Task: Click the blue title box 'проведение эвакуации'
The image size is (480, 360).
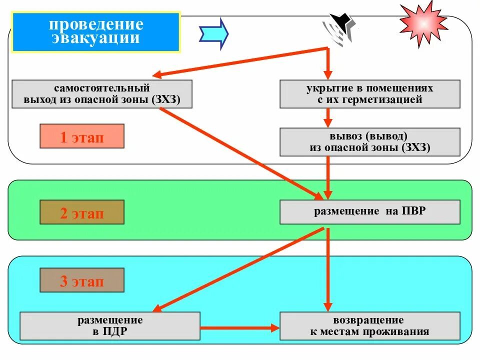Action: point(95,32)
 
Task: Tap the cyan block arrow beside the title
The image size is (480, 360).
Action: point(213,33)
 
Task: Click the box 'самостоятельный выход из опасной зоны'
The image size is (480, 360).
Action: point(101,94)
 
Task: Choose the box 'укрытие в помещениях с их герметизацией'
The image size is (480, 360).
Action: point(369,94)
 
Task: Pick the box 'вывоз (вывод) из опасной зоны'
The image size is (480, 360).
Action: point(369,142)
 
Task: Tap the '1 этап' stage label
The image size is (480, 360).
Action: point(82,136)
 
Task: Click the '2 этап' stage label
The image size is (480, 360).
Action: point(82,212)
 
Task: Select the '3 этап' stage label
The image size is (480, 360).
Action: point(82,280)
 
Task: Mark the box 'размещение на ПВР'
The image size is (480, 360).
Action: point(369,211)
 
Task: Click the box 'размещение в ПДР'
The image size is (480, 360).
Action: point(110,326)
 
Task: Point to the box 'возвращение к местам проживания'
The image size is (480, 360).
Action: point(369,326)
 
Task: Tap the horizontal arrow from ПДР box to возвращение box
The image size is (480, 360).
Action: point(239,328)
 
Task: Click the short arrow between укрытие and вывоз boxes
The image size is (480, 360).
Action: point(327,118)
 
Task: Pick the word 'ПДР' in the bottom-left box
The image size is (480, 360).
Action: point(115,331)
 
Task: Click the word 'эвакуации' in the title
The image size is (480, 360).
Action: point(95,38)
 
